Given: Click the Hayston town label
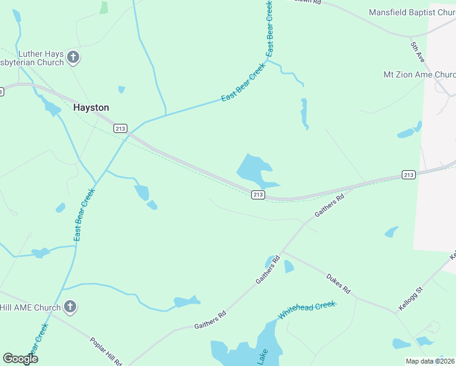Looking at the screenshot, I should pos(91,107).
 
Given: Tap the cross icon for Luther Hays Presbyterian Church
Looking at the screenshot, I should pos(73,58).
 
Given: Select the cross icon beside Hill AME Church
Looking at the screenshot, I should pos(70,307).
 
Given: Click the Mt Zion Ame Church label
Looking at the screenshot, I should pos(419,74).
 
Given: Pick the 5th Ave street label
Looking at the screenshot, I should pos(417,51).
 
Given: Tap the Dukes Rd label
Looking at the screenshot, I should pos(338,282).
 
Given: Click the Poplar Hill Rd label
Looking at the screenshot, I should pos(107,351).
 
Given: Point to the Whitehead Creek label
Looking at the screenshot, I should pos(307,310).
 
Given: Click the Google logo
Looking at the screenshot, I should pos(21,358).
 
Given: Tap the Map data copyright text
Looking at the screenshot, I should pos(430,361).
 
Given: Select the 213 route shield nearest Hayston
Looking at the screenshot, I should pos(120,128).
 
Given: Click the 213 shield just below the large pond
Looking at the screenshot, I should pos(257,195).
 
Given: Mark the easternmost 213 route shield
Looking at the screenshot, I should pos(408,175).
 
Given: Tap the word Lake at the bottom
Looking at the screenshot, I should pos(262,356).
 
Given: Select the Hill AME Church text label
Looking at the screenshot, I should pos(30,307).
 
